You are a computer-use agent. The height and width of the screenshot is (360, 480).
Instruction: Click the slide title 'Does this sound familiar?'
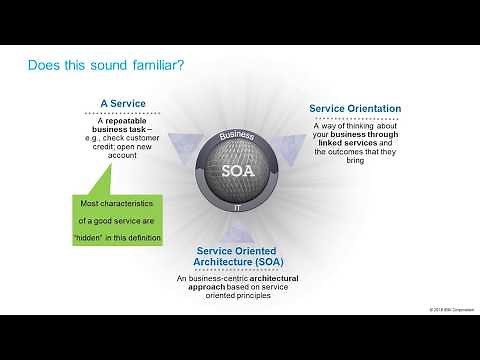pyautogui.click(x=104, y=65)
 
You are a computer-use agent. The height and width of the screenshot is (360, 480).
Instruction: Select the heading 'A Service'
pyautogui.click(x=124, y=103)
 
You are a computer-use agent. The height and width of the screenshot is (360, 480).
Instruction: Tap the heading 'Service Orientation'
pyautogui.click(x=355, y=108)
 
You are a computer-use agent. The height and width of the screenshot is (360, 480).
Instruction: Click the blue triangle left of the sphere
pyautogui.click(x=180, y=146)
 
